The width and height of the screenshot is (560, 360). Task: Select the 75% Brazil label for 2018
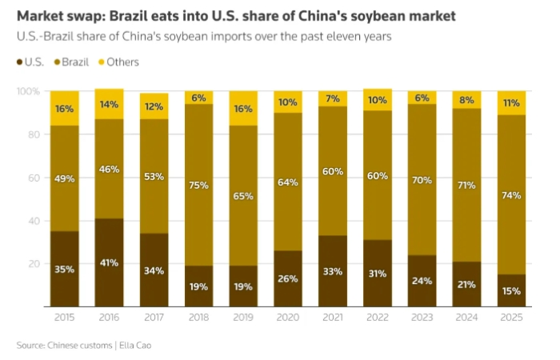click(200, 186)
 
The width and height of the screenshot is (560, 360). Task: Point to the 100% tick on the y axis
click(26, 92)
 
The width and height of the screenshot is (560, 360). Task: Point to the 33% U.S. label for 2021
click(334, 270)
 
